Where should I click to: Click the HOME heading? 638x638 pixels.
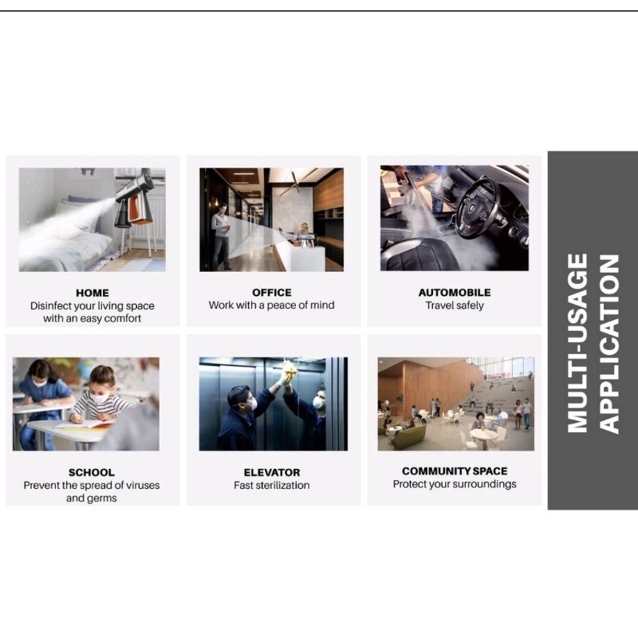coord(93,293)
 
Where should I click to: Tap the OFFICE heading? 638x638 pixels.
coord(272,293)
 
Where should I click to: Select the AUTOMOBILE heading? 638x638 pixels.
coord(455,293)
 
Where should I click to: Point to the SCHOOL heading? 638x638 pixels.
coord(92,472)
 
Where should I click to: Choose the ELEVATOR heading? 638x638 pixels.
coord(272,472)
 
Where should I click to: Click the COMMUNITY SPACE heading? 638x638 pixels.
coord(455,471)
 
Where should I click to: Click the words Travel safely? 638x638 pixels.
coord(455,305)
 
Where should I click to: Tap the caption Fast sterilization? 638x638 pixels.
coord(272,485)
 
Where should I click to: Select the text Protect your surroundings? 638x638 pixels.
coord(455,484)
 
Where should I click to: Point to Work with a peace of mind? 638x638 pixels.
coord(272,305)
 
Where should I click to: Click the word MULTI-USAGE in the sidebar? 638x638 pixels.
coord(577,343)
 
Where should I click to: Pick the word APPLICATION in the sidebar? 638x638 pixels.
coord(608,344)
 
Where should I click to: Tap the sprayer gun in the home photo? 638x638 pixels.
coord(135,200)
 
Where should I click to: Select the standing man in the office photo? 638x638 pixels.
coord(220,237)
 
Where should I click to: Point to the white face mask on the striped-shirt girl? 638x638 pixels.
coord(101,397)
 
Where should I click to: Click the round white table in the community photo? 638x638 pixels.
coord(483,434)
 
